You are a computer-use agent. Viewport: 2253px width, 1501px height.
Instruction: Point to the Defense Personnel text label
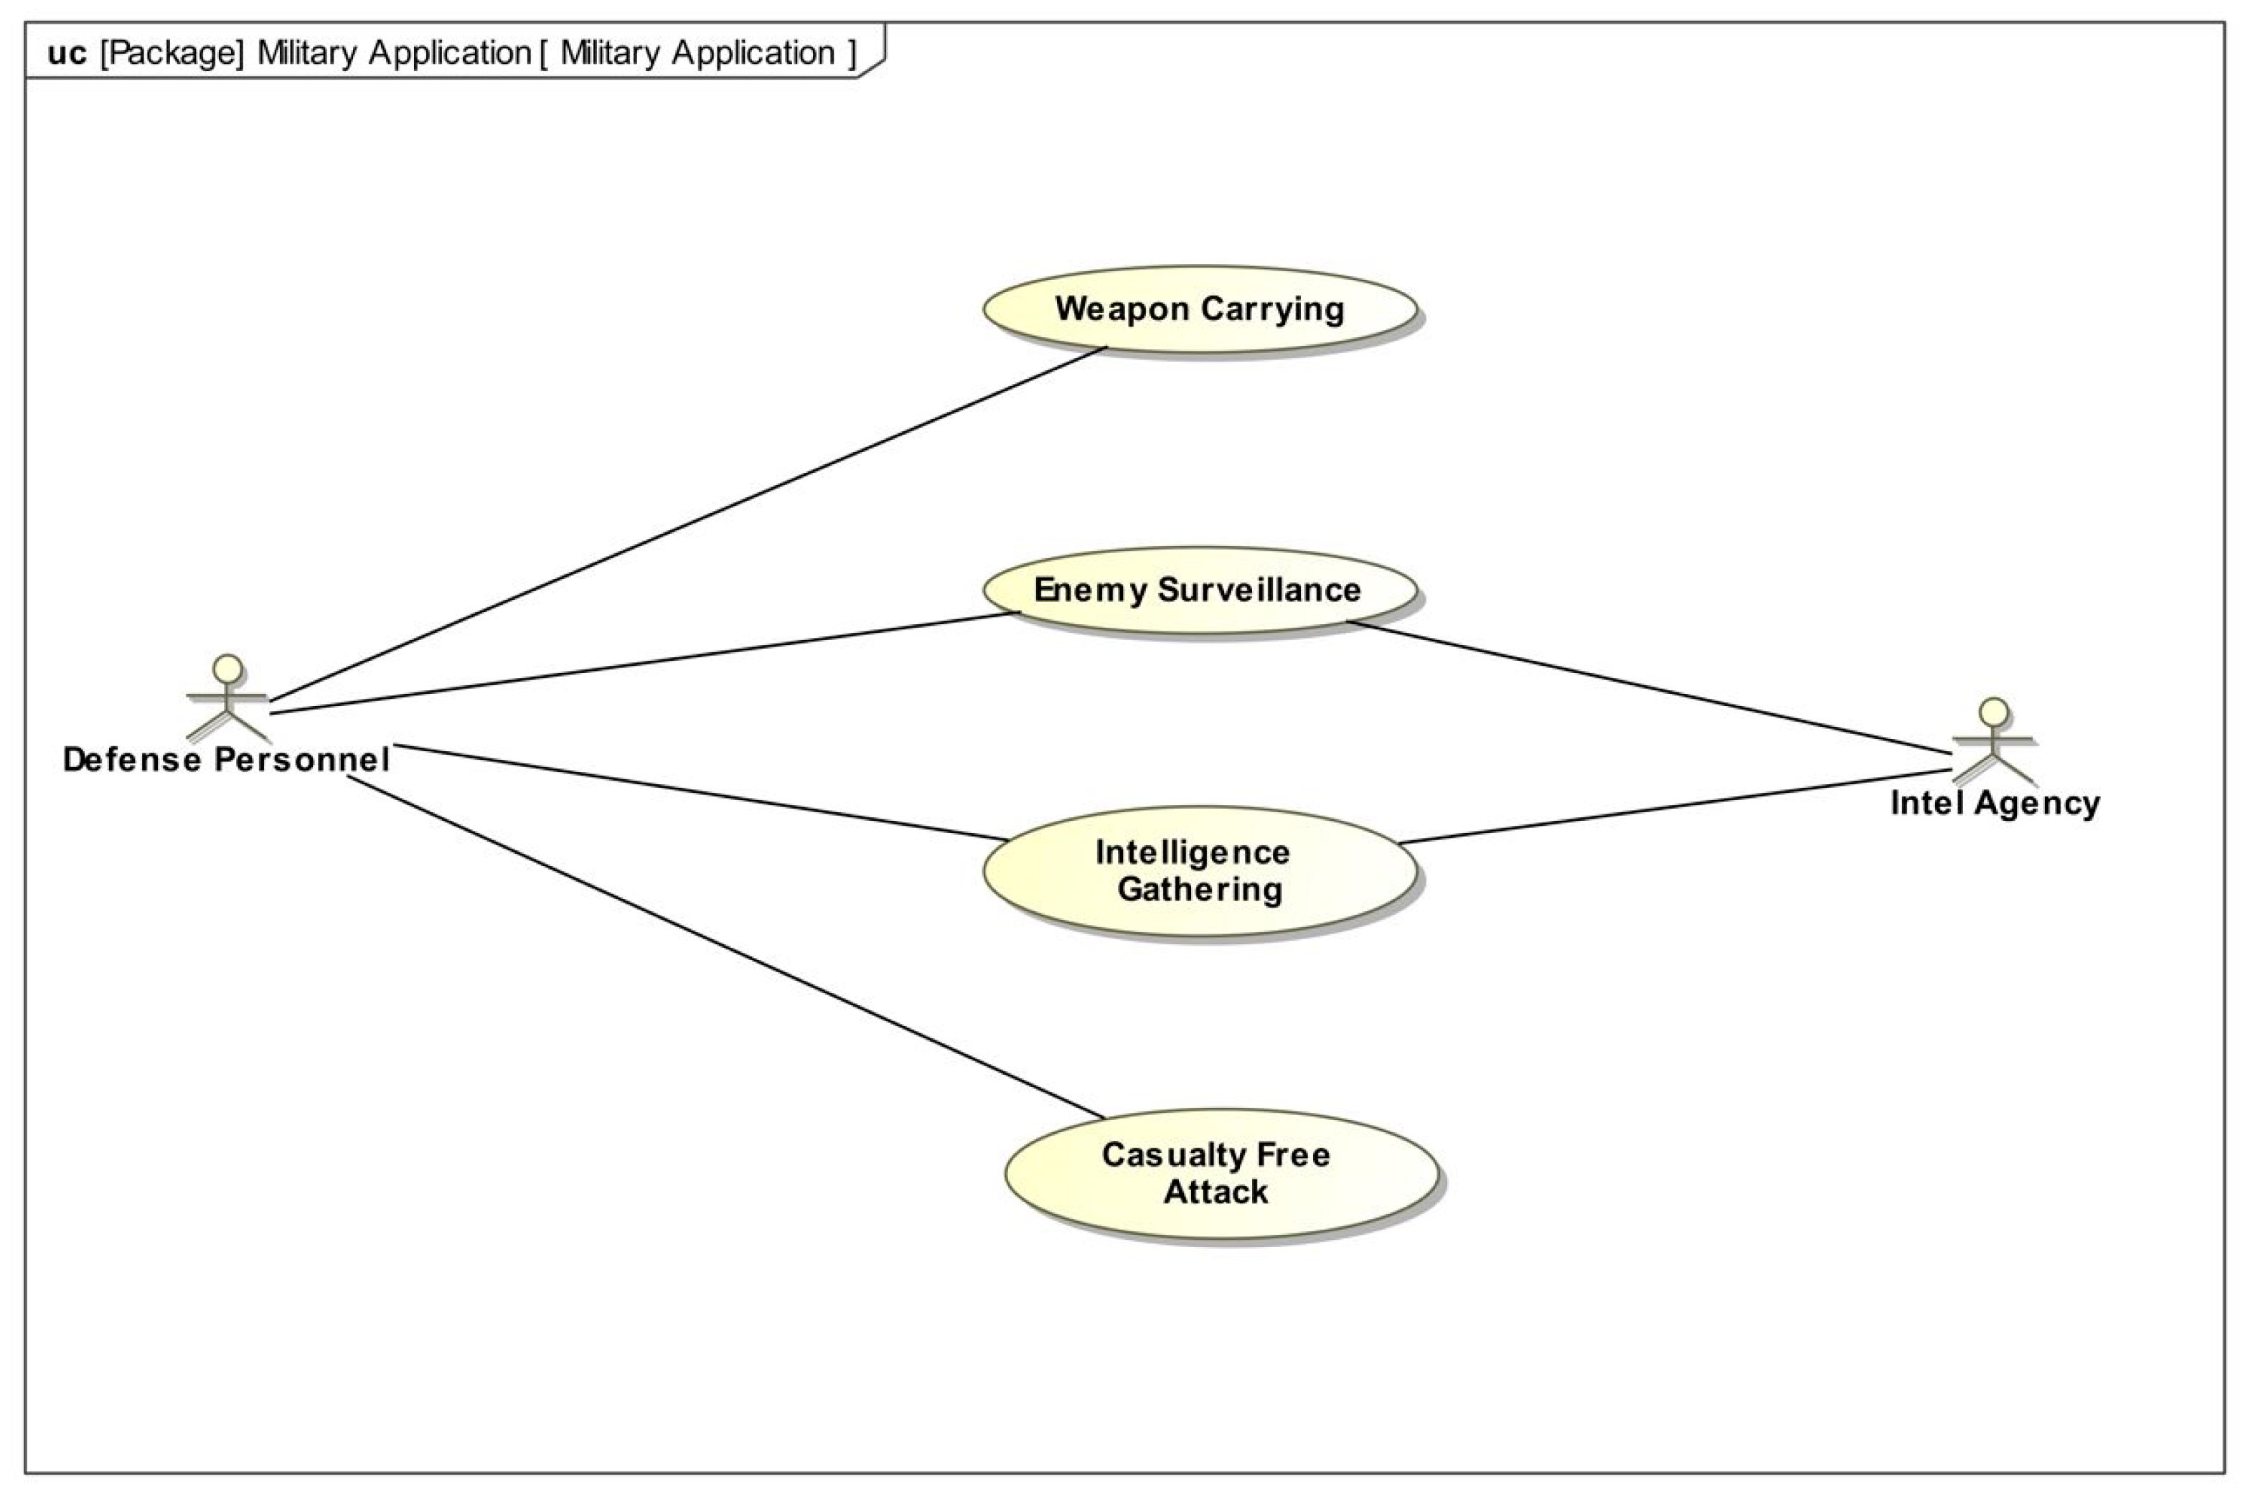tap(226, 759)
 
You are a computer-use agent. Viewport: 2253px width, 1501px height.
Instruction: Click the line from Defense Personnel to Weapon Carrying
tap(689, 524)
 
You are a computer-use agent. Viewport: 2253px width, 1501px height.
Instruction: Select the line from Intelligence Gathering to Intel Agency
tap(1675, 806)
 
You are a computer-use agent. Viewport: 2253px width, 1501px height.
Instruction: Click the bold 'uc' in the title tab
tap(66, 52)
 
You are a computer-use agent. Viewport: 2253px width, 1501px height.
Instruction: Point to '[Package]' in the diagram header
tap(172, 52)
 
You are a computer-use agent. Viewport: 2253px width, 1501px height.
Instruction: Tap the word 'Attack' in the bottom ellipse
tap(1215, 1192)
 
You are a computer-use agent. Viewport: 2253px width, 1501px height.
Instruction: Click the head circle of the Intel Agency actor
tap(1994, 711)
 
